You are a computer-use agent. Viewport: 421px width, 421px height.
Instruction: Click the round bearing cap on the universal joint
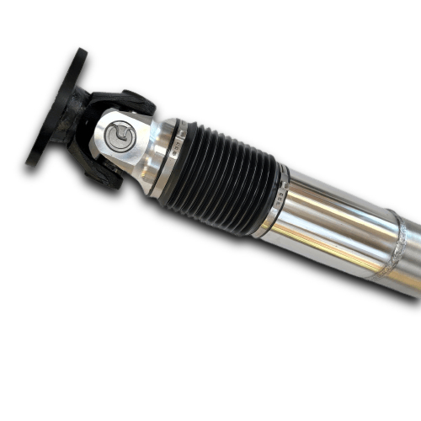121,136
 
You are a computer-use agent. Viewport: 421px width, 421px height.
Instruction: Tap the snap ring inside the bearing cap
121,136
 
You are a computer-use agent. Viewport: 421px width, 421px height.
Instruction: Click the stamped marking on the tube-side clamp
279,199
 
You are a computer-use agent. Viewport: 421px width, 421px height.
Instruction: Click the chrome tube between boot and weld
337,227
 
